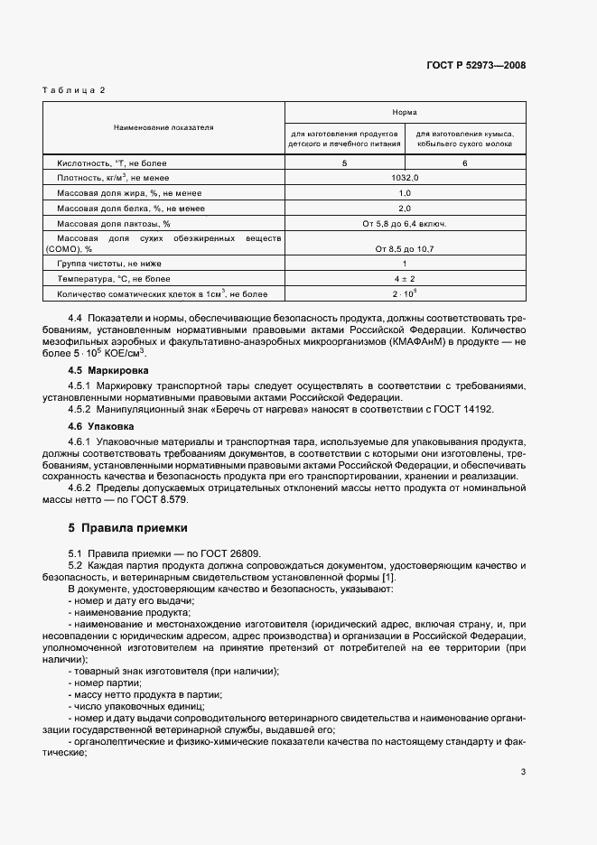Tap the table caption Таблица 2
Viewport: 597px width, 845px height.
[75, 90]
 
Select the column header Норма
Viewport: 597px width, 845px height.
[405, 114]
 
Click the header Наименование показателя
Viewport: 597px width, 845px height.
[163, 128]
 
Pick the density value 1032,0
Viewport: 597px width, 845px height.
[405, 178]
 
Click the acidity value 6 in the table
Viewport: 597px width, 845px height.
[465, 163]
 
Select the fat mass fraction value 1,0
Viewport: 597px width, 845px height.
[405, 193]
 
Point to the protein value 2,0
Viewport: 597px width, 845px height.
[405, 208]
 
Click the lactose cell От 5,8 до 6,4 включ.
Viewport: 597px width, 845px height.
[405, 223]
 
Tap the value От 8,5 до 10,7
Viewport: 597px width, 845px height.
[405, 247]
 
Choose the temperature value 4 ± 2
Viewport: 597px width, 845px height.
[405, 279]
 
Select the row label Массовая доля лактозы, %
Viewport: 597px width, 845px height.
[114, 223]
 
